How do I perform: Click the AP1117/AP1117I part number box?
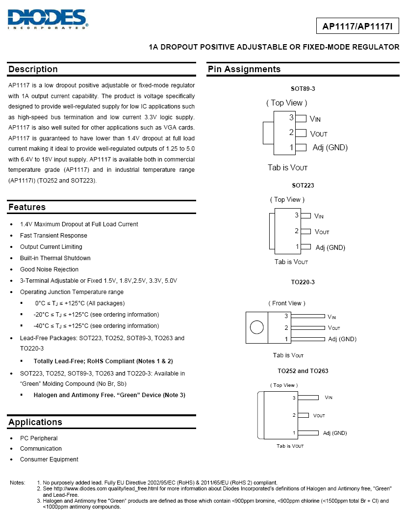(357, 26)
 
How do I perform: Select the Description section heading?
(33, 69)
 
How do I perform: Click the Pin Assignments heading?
(244, 69)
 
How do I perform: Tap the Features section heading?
(27, 207)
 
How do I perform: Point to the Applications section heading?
(35, 422)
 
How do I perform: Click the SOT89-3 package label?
(303, 89)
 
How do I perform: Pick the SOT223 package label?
(303, 186)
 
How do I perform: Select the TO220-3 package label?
(303, 282)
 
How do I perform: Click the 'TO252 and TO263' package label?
(303, 371)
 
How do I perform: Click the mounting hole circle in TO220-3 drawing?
(256, 327)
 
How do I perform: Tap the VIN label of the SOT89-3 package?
(315, 119)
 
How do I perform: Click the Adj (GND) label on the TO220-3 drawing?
(342, 339)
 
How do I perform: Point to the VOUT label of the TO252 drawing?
(319, 415)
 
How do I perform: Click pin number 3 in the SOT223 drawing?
(297, 215)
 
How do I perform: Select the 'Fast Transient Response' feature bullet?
(53, 236)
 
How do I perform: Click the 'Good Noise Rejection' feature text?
(49, 269)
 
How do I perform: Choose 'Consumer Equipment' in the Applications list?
(49, 459)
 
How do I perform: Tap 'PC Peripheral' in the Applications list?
(39, 438)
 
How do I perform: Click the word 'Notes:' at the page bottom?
(18, 483)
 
